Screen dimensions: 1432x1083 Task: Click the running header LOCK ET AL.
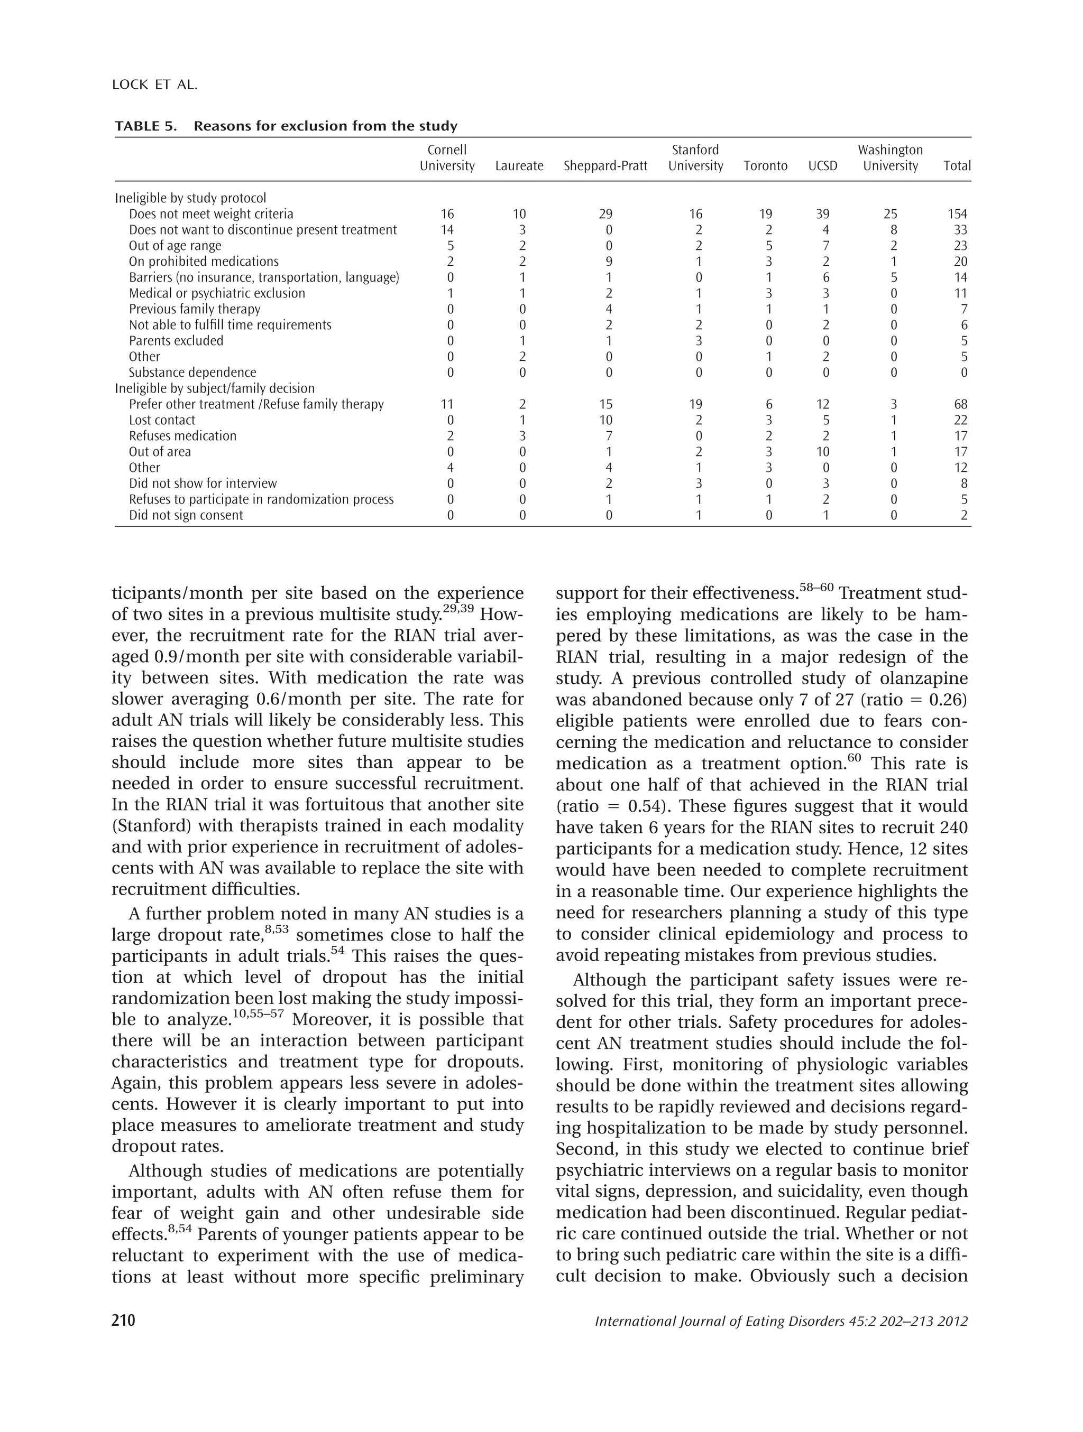(x=154, y=85)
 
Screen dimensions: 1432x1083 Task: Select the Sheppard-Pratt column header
(x=605, y=166)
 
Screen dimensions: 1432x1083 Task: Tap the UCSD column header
(x=823, y=166)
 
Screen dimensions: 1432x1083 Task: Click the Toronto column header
(x=765, y=166)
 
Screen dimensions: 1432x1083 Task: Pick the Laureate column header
(x=519, y=166)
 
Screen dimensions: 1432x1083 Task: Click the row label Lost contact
(x=162, y=420)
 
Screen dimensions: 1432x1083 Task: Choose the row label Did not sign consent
(x=186, y=515)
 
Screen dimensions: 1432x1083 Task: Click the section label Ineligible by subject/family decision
(x=214, y=388)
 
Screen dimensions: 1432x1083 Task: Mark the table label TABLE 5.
(x=146, y=126)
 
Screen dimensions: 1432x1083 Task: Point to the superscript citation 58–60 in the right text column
(x=816, y=587)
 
